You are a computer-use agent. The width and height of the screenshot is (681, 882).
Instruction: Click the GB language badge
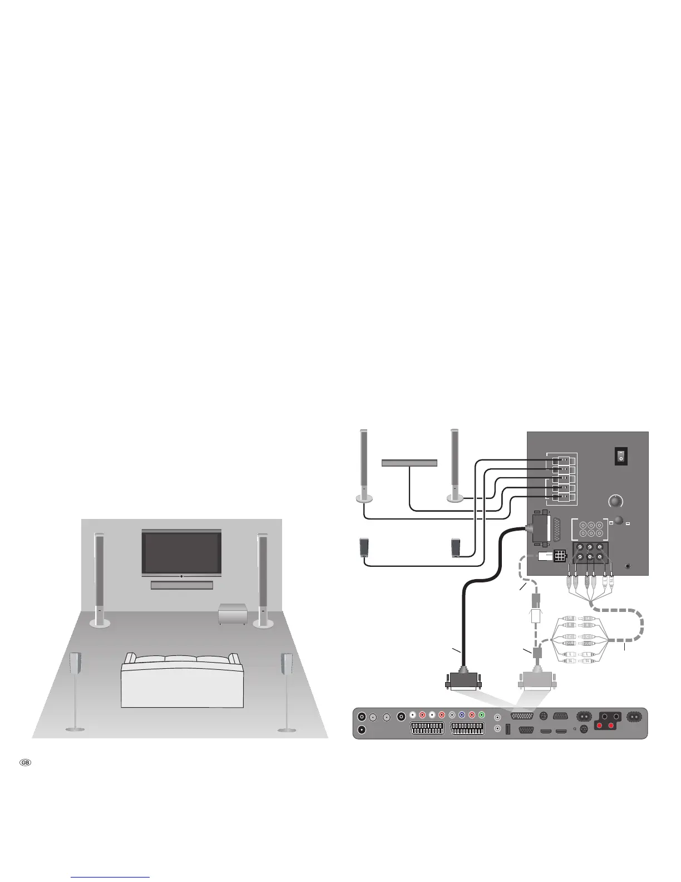25,762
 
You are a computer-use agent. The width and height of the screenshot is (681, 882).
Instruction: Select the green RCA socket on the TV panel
481,715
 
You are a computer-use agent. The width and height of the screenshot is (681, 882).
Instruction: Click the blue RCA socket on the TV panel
461,715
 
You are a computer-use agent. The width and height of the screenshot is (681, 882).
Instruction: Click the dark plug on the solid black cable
463,680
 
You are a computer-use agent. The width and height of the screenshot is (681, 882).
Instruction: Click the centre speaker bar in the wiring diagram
409,463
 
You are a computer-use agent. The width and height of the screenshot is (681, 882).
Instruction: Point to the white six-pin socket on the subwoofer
559,556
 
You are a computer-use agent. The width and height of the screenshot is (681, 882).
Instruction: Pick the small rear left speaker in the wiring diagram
365,547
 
